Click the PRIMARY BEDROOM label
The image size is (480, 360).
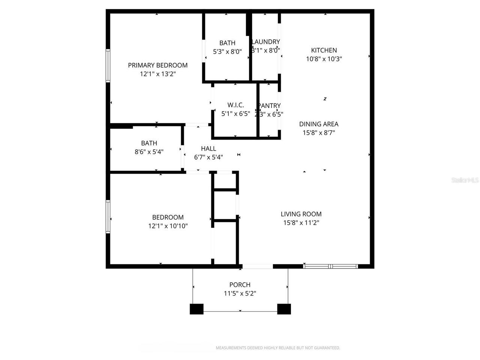pyautogui.click(x=157, y=65)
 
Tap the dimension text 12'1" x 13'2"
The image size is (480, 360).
pyautogui.click(x=158, y=74)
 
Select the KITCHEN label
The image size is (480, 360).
pyautogui.click(x=324, y=50)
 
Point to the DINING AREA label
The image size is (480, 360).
pyautogui.click(x=319, y=124)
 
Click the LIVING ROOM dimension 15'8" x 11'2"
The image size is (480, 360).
pyautogui.click(x=301, y=223)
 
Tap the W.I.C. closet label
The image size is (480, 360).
pyautogui.click(x=235, y=105)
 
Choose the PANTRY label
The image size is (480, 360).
pyautogui.click(x=270, y=106)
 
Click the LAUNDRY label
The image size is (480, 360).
pyautogui.click(x=266, y=42)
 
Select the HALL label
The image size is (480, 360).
pyautogui.click(x=208, y=148)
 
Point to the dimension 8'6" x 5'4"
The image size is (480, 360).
pyautogui.click(x=149, y=152)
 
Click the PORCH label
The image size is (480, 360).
pyautogui.click(x=240, y=285)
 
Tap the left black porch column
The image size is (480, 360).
pyautogui.click(x=196, y=309)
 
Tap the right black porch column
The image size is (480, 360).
pyautogui.click(x=284, y=309)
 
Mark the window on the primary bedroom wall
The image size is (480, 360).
pyautogui.click(x=108, y=66)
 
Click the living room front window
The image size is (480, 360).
pyautogui.click(x=330, y=267)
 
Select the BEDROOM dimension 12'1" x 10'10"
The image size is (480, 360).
pyautogui.click(x=168, y=226)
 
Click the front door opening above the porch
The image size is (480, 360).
pyautogui.click(x=258, y=267)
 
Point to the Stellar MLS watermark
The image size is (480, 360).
pyautogui.click(x=465, y=180)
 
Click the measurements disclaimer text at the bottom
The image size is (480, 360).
pyautogui.click(x=278, y=348)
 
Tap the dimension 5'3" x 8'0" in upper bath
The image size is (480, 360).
pyautogui.click(x=227, y=52)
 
